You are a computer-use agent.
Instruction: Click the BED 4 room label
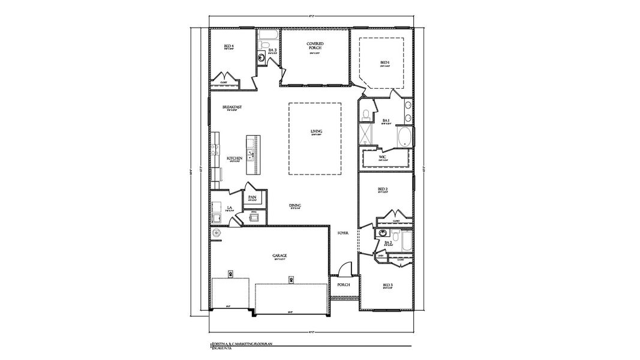tap(229, 46)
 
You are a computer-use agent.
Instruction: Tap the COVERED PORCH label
tap(316, 46)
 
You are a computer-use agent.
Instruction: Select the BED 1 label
tap(385, 62)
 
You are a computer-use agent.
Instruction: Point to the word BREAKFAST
tap(232, 107)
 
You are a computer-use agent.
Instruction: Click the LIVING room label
tap(316, 131)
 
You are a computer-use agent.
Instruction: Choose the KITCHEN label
tap(235, 158)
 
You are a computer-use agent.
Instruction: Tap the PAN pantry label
tap(253, 197)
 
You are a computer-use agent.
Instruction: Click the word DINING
tap(295, 206)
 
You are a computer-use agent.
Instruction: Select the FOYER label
tap(343, 233)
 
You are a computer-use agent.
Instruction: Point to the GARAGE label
tap(280, 255)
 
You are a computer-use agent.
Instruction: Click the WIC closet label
tap(383, 157)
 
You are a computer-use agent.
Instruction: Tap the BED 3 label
tap(387, 285)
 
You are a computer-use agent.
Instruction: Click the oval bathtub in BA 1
tap(406, 137)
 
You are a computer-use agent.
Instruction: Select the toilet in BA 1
tap(365, 113)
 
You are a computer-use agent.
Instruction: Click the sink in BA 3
tap(262, 58)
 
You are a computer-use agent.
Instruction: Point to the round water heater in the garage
tap(216, 232)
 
